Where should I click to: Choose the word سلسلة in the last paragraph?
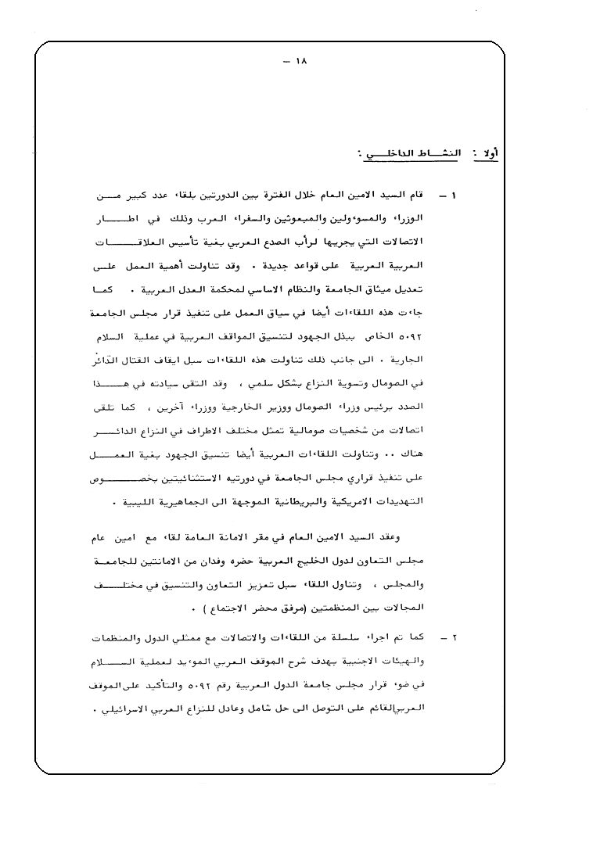tap(334, 637)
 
